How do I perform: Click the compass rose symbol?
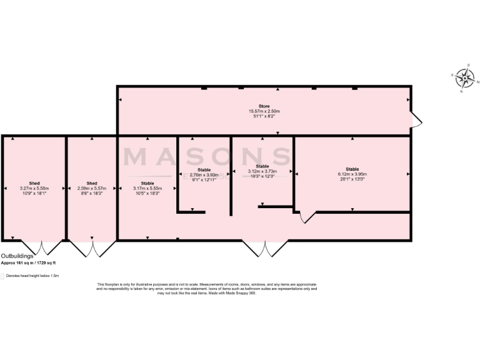(464, 78)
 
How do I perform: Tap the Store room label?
(264, 106)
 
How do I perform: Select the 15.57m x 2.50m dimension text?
(264, 111)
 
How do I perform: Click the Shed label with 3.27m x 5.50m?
(34, 183)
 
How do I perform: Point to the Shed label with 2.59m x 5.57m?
(92, 183)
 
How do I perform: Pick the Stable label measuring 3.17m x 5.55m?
(147, 183)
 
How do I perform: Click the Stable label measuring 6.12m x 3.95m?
(352, 169)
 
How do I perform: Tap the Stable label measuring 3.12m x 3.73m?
(262, 166)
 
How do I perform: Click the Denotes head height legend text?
(32, 275)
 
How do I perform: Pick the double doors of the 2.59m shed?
(92, 248)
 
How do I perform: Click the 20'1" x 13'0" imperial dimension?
(352, 179)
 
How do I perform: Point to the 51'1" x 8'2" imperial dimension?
(264, 116)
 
